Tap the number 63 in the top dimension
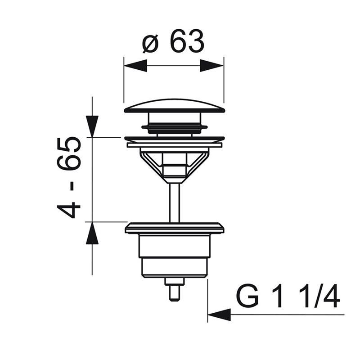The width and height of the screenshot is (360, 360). click(186, 40)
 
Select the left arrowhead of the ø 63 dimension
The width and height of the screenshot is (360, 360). click(135, 65)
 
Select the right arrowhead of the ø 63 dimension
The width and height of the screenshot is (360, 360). click(211, 66)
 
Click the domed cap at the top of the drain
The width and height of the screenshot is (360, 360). click(174, 106)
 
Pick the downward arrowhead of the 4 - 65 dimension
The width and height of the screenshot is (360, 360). click(92, 126)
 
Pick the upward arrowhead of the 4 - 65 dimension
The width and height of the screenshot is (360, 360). click(92, 233)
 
